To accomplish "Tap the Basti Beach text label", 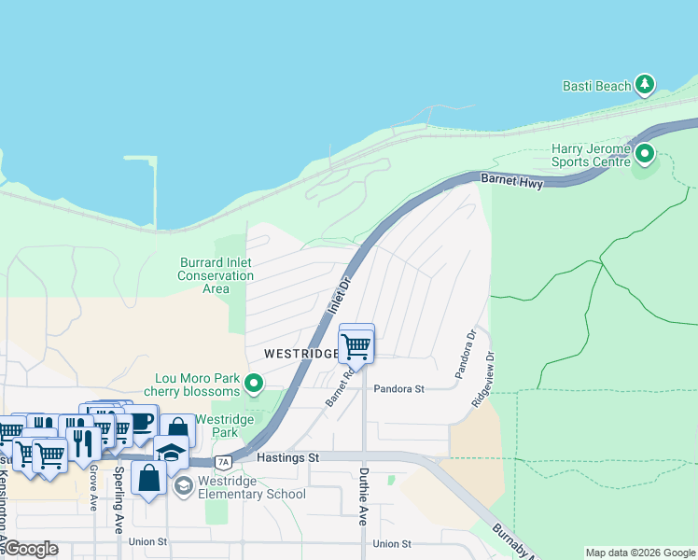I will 597,86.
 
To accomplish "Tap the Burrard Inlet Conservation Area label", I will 216,275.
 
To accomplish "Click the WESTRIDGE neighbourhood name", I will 300,354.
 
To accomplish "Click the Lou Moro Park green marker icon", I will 253,383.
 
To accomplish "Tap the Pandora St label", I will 398,388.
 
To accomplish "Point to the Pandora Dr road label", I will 466,354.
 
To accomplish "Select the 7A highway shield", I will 223,462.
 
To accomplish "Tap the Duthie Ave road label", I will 364,497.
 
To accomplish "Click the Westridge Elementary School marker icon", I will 184,485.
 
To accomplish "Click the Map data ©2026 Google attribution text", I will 639,553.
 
